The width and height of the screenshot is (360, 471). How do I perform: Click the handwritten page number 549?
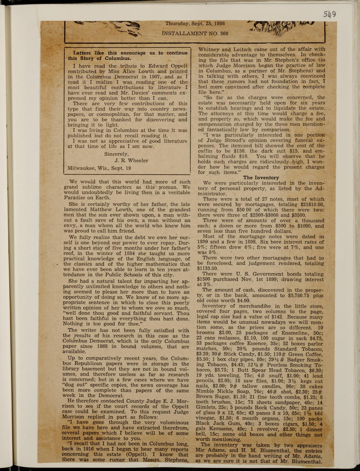click(330, 14)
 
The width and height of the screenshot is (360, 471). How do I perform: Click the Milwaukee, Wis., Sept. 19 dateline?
click(99, 168)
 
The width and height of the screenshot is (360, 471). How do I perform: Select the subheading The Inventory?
click(261, 178)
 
